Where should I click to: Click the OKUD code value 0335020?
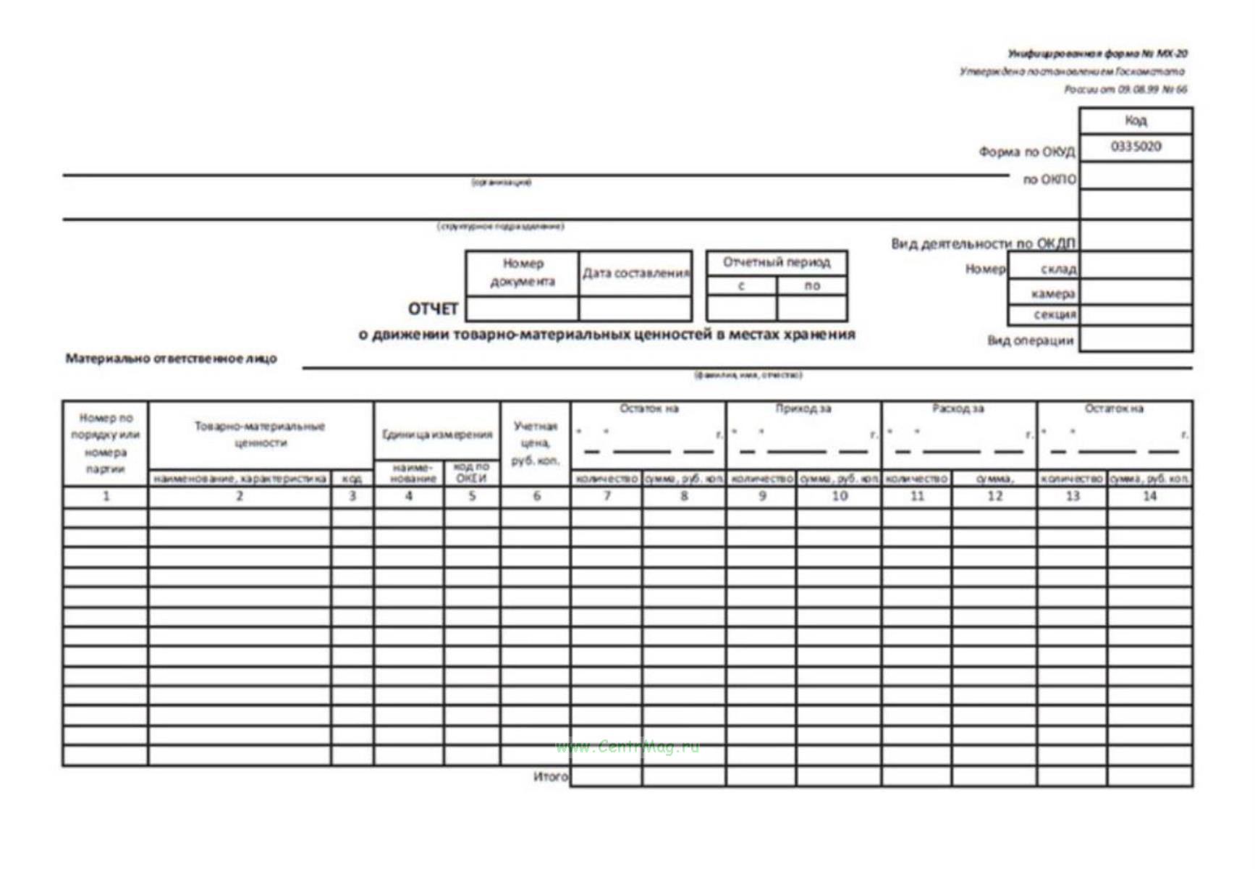(x=1136, y=147)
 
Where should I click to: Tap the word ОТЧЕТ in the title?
(x=433, y=309)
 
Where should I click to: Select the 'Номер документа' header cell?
(x=523, y=272)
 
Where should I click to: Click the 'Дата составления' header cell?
(x=635, y=273)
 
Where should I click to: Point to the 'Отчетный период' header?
(x=777, y=262)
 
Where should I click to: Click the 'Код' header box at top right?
(x=1136, y=120)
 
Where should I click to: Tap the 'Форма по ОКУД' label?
(x=1026, y=152)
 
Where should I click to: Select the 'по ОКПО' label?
(x=1049, y=180)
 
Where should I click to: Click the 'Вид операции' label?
(x=1030, y=340)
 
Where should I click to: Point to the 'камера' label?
(x=1052, y=294)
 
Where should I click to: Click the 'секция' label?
(x=1055, y=314)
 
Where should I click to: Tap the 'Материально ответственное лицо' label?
(x=171, y=358)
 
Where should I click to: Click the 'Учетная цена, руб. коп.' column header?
(x=536, y=442)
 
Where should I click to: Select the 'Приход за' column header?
(x=803, y=409)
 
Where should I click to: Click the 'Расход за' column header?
(x=958, y=409)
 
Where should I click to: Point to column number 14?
(x=1149, y=496)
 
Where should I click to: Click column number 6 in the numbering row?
(x=536, y=496)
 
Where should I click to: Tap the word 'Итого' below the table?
(x=550, y=776)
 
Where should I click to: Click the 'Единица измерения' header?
(x=437, y=434)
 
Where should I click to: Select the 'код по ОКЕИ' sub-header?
(x=471, y=472)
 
